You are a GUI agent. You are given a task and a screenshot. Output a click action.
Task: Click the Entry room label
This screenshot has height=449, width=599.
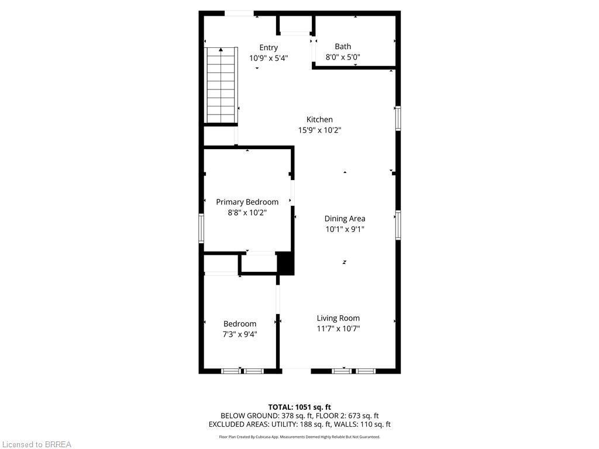[268, 47]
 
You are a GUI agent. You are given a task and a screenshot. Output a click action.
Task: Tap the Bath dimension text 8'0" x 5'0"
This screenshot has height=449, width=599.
[343, 57]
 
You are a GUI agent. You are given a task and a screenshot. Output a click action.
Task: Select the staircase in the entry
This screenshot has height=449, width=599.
[221, 85]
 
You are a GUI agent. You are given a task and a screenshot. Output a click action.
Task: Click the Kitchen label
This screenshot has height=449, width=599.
[319, 119]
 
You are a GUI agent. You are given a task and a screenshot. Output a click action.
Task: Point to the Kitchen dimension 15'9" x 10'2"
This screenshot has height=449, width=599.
[319, 130]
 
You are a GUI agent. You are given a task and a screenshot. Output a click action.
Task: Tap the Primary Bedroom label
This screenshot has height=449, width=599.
[247, 202]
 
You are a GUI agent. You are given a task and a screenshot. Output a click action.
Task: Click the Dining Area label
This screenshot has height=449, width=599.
[345, 219]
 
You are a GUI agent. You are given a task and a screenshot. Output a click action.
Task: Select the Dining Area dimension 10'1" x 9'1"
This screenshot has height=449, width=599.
[345, 229]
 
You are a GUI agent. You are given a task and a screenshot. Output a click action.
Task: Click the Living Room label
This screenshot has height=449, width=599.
[338, 318]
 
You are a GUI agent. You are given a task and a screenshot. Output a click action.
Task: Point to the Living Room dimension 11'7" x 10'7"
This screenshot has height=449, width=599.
[338, 329]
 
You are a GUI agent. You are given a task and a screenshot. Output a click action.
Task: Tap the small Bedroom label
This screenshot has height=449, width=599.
[240, 324]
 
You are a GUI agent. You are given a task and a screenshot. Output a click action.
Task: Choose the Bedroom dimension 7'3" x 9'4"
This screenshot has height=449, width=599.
[240, 334]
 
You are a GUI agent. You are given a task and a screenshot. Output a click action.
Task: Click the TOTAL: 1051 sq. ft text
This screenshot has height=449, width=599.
[299, 407]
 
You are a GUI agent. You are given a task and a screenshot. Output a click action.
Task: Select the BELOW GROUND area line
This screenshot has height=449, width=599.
[299, 416]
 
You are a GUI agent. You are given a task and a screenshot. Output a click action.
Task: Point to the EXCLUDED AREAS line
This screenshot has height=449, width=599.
[299, 424]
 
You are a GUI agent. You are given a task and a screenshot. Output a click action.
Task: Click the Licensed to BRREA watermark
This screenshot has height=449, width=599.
[36, 444]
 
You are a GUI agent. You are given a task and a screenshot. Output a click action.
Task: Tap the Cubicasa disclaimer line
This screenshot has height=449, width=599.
[299, 437]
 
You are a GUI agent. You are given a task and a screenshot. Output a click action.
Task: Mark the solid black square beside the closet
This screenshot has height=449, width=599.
[285, 263]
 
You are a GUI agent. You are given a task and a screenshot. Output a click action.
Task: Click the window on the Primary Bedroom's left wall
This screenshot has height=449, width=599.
[201, 228]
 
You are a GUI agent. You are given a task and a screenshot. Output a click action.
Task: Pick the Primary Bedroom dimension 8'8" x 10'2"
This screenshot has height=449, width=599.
[247, 213]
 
